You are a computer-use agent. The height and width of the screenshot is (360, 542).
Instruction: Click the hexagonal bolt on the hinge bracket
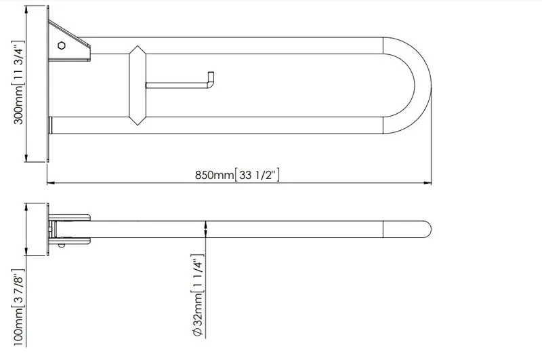(x=62, y=45)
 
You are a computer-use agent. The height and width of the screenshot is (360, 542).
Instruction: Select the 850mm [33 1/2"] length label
(x=237, y=175)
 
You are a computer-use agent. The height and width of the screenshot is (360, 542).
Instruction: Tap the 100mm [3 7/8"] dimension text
(x=18, y=307)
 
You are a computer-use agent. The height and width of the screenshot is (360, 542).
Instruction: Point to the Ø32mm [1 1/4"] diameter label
(x=197, y=296)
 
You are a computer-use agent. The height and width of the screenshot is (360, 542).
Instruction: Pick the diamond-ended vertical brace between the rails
(x=138, y=85)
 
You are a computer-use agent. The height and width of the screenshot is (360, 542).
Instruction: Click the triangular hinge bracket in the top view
(x=69, y=41)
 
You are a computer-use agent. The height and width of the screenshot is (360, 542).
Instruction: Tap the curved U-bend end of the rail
(x=423, y=85)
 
